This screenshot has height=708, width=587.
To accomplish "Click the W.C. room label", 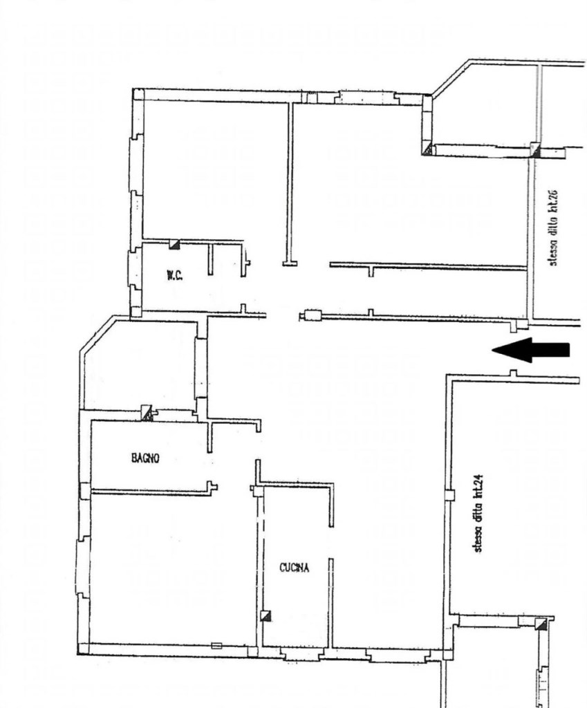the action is coord(175,275).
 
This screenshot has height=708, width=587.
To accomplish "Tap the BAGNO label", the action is coord(145,458).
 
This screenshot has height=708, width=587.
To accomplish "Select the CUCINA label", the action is coord(295,568).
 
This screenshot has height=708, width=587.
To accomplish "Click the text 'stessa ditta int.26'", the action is coord(554,227).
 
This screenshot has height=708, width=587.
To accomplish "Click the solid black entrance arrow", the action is coord(530,350).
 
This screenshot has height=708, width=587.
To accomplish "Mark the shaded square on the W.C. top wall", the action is coord(174,244).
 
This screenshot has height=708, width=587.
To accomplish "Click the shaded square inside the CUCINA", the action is coord(266,615).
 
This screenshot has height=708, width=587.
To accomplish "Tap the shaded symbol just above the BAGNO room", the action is coord(147,412).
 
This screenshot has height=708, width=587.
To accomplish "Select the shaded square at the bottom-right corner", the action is coord(541,624).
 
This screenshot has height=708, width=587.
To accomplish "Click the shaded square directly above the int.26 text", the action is coord(535,150).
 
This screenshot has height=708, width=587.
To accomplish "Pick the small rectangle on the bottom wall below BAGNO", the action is coord(216,646).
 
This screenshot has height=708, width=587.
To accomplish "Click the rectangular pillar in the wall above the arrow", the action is coord(313,315).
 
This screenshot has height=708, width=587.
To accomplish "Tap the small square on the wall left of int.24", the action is coord(449,495).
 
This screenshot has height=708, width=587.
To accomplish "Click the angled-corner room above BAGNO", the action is coord(140,366).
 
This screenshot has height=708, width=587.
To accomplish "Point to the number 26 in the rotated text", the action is coord(554,196).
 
